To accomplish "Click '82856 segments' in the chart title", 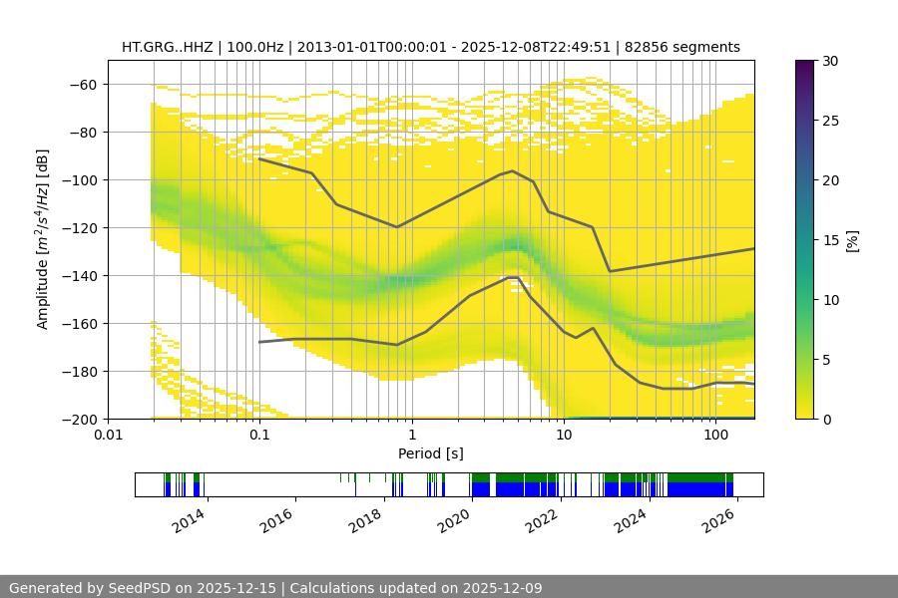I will point(688,47).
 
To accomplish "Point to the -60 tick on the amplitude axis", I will point(83,85).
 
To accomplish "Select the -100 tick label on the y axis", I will point(80,180).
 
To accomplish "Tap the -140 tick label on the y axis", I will point(80,276).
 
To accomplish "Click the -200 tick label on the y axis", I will point(80,420).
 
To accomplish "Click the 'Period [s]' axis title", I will point(431,454).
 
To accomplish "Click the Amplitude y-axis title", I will point(42,239).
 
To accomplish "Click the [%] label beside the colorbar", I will point(851,240).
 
